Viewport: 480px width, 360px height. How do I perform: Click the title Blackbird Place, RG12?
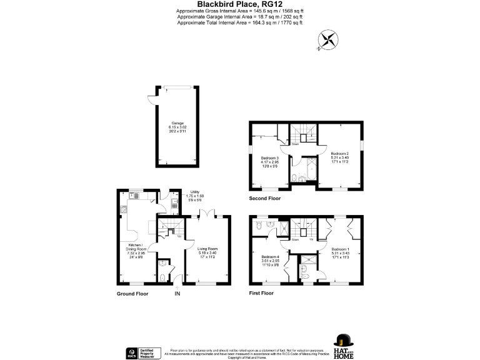coord(239,4)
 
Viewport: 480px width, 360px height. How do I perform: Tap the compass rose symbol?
coord(327,41)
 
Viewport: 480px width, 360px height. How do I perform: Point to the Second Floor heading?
coord(265,198)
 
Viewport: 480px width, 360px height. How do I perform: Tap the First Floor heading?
coord(261,293)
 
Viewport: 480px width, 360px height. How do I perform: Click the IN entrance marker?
coord(177,293)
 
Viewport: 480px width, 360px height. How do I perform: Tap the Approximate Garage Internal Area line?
coord(239,17)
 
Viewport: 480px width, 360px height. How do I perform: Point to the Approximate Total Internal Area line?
coord(239,22)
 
